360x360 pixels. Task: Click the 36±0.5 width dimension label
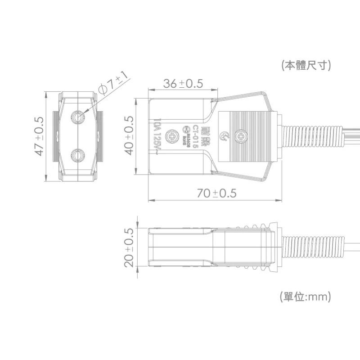coord(183,84)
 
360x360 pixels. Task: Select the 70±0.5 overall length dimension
coord(216,193)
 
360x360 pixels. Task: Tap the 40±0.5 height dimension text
coord(129,135)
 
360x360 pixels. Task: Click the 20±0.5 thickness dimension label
coord(129,247)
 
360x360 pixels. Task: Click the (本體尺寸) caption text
coord(306,65)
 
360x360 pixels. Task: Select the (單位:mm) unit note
coord(306,297)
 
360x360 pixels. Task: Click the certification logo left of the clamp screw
coord(224,136)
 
